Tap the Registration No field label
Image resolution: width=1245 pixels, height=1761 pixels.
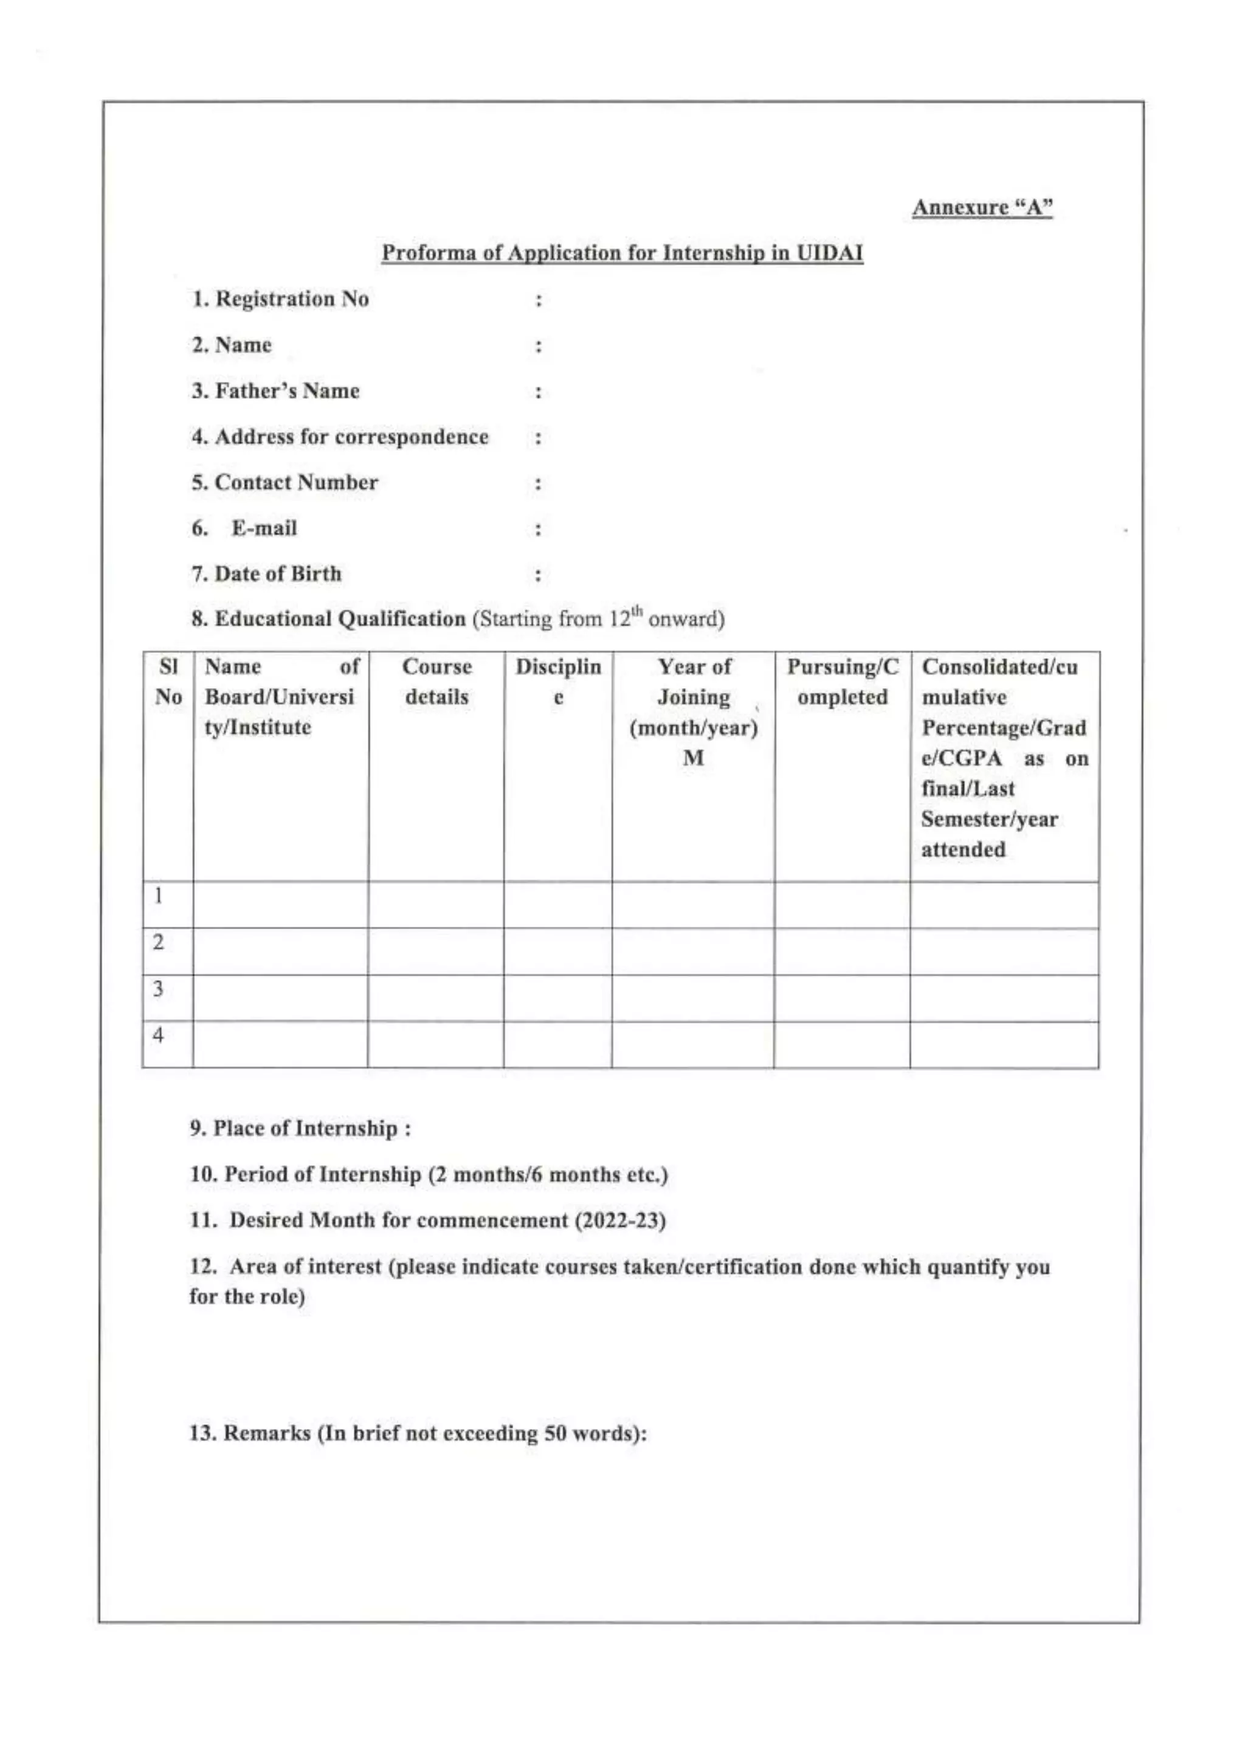281,299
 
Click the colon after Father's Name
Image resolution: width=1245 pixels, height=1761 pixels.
538,392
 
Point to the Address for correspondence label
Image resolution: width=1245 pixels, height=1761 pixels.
340,437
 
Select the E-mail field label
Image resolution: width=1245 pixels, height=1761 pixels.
264,528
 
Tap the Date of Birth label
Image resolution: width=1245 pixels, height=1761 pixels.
266,573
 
